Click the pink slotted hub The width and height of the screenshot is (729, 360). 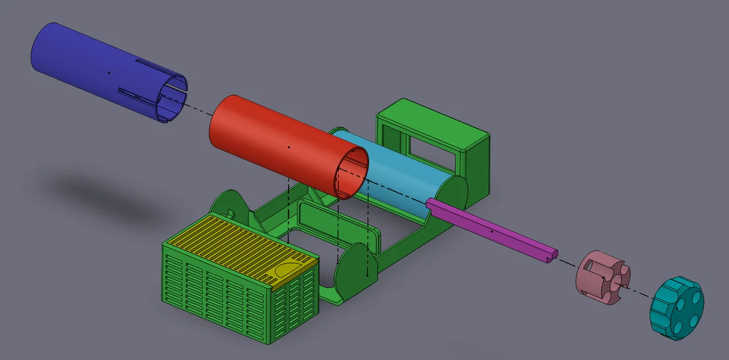(x=602, y=276)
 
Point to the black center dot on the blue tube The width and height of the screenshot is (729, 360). (x=109, y=73)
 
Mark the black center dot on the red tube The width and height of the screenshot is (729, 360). (x=288, y=147)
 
